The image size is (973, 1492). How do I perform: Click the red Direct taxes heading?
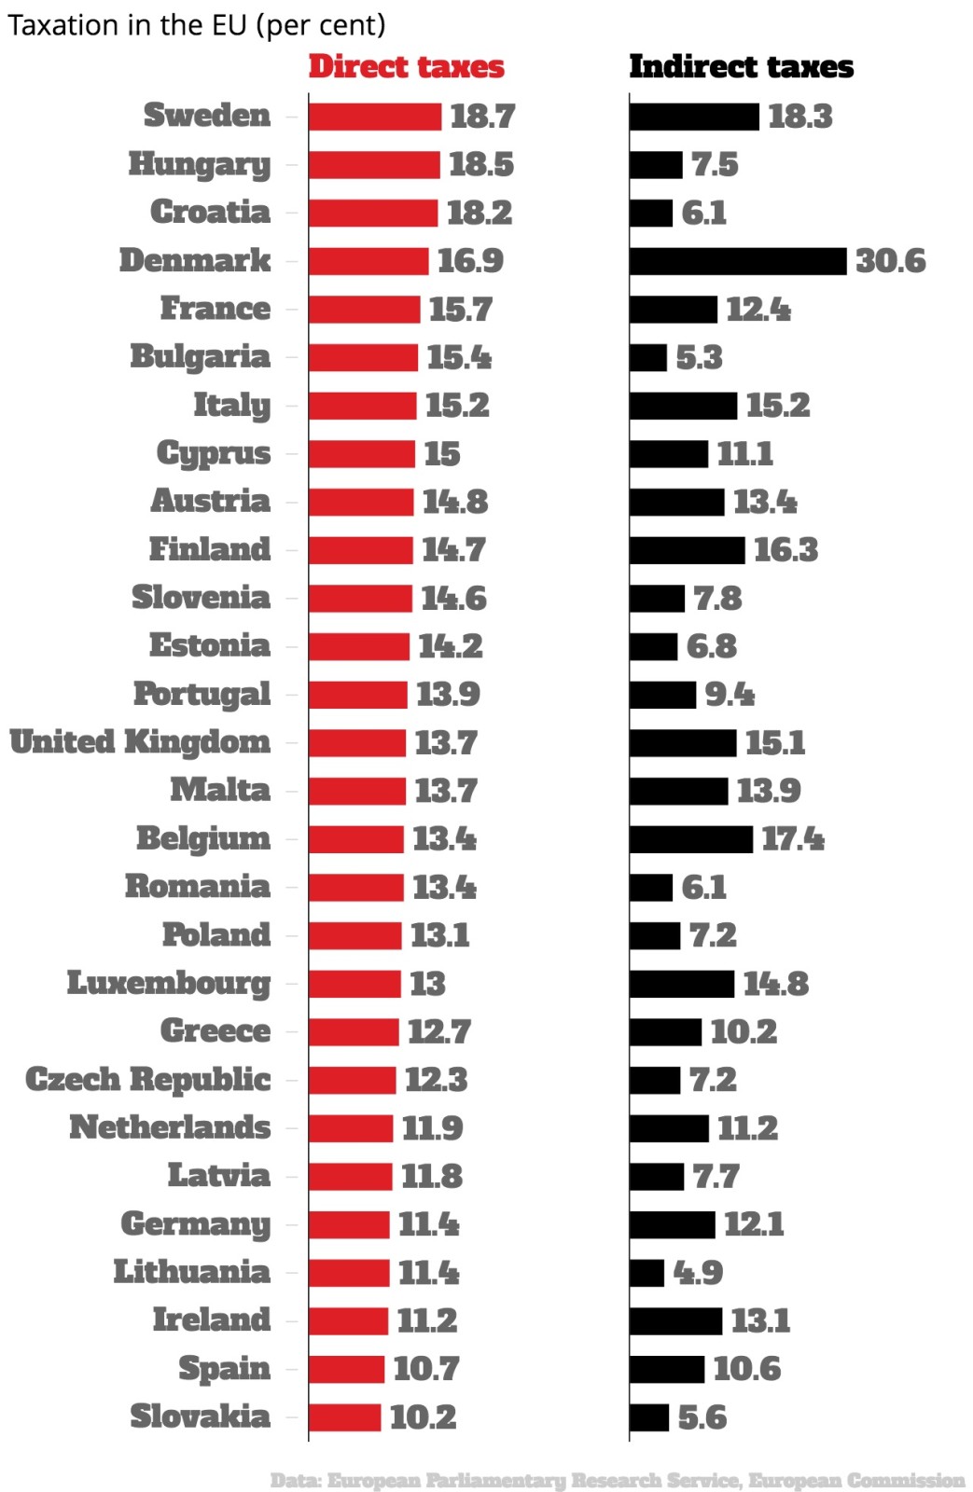pyautogui.click(x=406, y=67)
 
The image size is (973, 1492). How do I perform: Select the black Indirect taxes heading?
pyautogui.click(x=741, y=67)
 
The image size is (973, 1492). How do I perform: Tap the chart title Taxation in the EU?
pyautogui.click(x=196, y=25)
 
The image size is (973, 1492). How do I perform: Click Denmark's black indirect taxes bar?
pyautogui.click(x=737, y=261)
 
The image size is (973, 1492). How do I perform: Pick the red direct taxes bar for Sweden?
pyautogui.click(x=374, y=117)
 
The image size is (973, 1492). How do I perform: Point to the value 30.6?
pyautogui.click(x=890, y=261)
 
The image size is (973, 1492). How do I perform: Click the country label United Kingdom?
pyautogui.click(x=140, y=742)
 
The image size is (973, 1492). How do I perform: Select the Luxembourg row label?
pyautogui.click(x=169, y=983)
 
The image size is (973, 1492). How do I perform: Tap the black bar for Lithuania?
pyautogui.click(x=646, y=1273)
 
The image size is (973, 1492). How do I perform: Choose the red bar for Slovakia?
pyautogui.click(x=344, y=1417)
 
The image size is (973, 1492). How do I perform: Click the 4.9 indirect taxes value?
pyautogui.click(x=698, y=1273)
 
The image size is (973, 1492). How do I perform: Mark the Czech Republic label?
pyautogui.click(x=148, y=1080)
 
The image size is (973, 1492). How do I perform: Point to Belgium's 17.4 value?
pyautogui.click(x=792, y=839)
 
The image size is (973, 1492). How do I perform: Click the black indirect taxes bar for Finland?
pyautogui.click(x=687, y=550)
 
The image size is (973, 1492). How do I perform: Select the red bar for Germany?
pyautogui.click(x=349, y=1224)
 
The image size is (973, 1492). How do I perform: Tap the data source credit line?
pyautogui.click(x=618, y=1480)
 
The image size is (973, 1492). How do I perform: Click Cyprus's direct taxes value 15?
pyautogui.click(x=442, y=454)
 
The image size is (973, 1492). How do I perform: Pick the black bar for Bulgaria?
pyautogui.click(x=648, y=358)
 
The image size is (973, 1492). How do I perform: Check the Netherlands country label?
pyautogui.click(x=170, y=1128)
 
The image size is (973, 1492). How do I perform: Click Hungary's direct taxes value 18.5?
pyautogui.click(x=480, y=165)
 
